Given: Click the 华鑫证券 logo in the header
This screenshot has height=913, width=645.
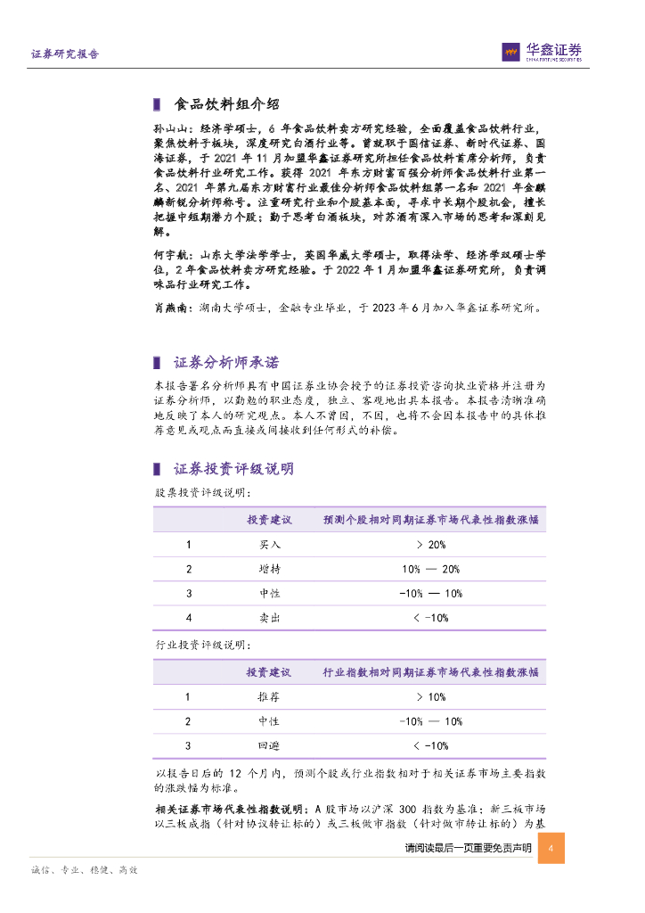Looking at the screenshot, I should (x=541, y=53).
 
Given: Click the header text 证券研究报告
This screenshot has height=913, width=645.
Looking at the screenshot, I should (x=65, y=54).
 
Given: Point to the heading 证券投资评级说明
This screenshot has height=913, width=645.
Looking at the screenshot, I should (x=233, y=469).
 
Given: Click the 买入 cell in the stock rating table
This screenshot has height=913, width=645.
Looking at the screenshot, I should (x=269, y=545).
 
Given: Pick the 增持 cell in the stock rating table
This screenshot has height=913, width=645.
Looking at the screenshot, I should (x=269, y=569).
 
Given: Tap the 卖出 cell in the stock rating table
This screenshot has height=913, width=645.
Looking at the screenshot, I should (x=269, y=618).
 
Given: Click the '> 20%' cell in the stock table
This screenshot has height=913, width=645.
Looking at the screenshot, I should (x=430, y=545).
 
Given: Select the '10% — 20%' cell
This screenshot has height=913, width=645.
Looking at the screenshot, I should (x=430, y=569).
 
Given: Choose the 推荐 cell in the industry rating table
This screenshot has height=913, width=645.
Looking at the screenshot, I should (x=269, y=697).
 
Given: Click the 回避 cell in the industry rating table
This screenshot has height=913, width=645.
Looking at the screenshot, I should (x=269, y=745).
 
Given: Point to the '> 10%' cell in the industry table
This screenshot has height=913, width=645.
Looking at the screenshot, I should (x=430, y=697).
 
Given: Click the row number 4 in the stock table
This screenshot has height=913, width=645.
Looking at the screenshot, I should (x=188, y=618).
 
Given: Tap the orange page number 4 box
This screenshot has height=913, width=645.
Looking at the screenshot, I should (x=551, y=848).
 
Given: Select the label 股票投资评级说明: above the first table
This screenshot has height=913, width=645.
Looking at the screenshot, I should (x=201, y=492).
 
